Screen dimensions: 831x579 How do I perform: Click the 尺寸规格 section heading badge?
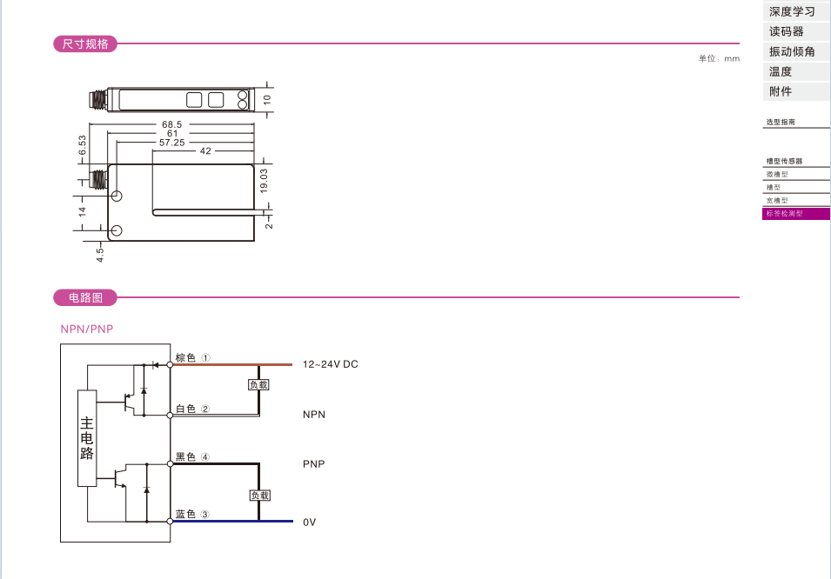tap(84, 44)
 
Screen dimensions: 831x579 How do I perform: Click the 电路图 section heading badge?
tap(84, 297)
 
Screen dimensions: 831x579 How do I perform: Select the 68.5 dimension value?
tap(171, 124)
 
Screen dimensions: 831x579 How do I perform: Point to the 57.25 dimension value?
tap(172, 143)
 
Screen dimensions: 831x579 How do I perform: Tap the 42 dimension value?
tap(205, 151)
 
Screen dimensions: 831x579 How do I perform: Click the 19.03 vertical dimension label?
tap(264, 180)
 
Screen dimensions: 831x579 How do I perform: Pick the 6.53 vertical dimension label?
tap(82, 145)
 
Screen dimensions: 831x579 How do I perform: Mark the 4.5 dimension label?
tap(100, 255)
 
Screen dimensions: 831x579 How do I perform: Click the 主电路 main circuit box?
tap(87, 438)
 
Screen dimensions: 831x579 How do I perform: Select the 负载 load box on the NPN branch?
tap(258, 384)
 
